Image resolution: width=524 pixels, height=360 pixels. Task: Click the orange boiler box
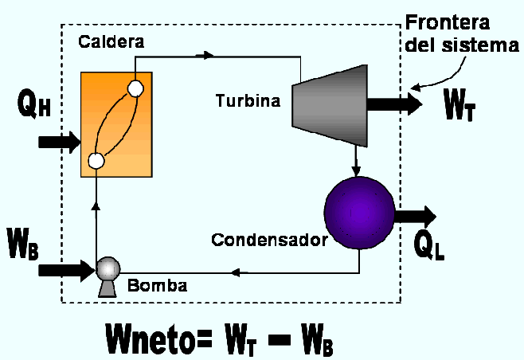tap(116, 123)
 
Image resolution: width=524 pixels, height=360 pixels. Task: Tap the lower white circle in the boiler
tap(96, 160)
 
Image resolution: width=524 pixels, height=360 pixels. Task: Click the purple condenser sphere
tap(360, 211)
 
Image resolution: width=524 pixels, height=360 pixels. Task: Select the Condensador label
tap(269, 239)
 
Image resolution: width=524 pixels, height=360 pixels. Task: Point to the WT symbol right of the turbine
tap(459, 106)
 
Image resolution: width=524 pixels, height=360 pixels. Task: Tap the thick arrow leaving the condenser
tap(416, 216)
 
